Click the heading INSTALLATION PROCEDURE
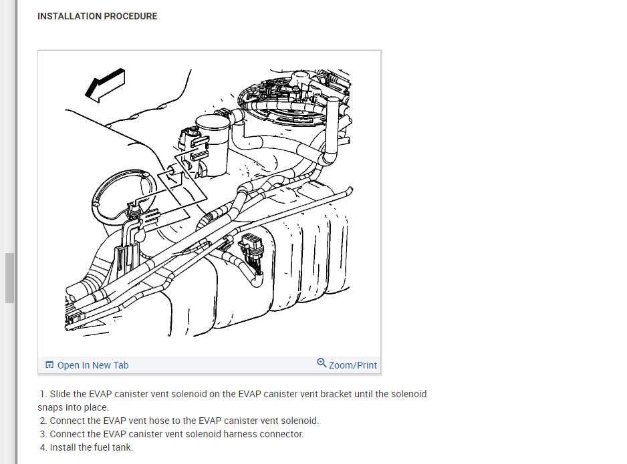98,16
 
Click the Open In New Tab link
93,365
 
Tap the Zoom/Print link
353,365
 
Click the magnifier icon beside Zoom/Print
322,363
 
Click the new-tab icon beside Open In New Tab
49,365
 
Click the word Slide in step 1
59,394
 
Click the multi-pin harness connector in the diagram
251,248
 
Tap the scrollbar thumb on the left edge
9,278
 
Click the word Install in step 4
63,447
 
